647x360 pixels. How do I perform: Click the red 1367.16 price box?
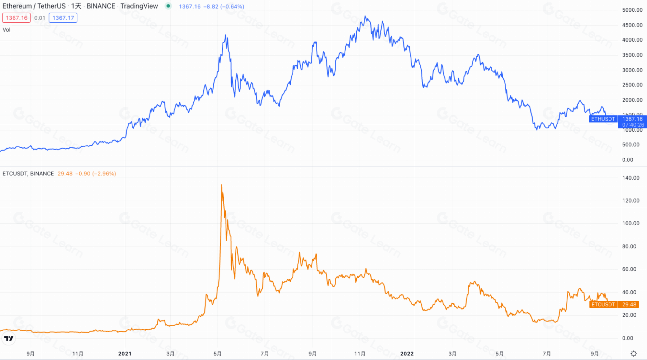17,18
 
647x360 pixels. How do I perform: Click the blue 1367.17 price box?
63,18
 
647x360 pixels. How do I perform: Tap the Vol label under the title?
6,30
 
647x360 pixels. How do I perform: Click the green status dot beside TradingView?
168,6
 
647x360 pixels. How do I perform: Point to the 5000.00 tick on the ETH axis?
632,10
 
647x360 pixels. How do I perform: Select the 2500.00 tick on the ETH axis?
632,85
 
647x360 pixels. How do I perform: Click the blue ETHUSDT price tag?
603,119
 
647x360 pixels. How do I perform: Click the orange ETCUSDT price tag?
603,304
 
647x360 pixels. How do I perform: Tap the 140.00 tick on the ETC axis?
630,178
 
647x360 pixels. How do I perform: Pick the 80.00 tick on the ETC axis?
629,246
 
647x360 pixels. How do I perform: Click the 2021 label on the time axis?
125,354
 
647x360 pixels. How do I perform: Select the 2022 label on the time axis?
407,354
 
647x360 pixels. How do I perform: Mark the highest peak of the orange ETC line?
222,185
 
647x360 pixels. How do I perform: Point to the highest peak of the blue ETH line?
365,16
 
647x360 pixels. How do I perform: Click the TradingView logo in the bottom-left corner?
9,338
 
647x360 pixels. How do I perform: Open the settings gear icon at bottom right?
633,354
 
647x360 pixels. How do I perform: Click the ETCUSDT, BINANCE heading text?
28,174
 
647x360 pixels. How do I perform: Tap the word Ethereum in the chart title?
17,6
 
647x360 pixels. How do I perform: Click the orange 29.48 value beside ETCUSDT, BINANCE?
65,174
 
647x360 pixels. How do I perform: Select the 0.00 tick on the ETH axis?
628,160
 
